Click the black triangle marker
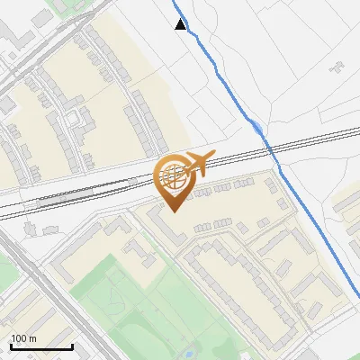pyautogui.click(x=181, y=24)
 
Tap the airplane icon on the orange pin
pyautogui.click(x=199, y=163)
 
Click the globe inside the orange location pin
pyautogui.click(x=173, y=175)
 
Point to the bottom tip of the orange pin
pyautogui.click(x=173, y=211)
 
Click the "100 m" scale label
pyautogui.click(x=23, y=338)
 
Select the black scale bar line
pyautogui.click(x=41, y=347)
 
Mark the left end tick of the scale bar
pyautogui.click(x=11, y=346)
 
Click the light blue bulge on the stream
pyautogui.click(x=258, y=129)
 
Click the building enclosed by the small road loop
pyautogui.click(x=81, y=116)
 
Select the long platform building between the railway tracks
pyautogui.click(x=90, y=190)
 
